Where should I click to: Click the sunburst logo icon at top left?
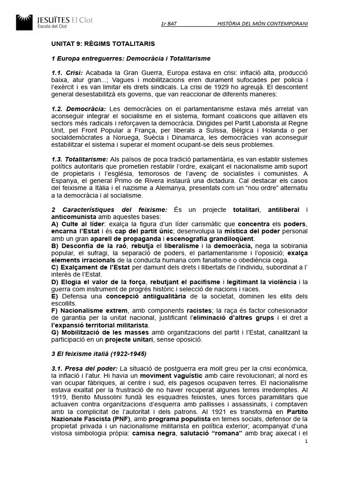coord(25,22)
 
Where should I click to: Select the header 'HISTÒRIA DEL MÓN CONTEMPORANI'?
coord(263,24)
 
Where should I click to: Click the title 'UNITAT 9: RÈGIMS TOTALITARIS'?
coord(103,44)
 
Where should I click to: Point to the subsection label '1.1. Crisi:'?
coord(67,73)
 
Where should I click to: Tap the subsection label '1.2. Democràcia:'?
coord(79,109)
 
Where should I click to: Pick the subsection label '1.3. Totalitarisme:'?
coord(80,160)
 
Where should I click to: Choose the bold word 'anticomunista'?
coord(74,217)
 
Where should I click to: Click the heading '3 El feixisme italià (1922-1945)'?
coord(99,354)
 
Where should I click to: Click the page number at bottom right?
coord(306,441)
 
